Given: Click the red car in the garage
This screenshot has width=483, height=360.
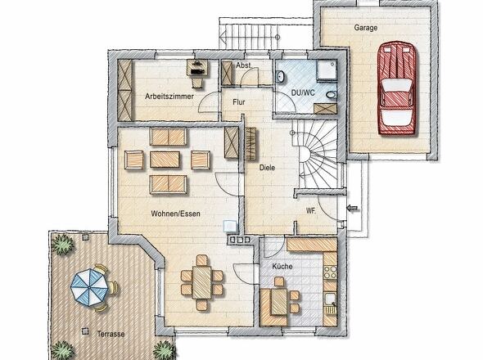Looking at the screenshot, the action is tap(397, 88).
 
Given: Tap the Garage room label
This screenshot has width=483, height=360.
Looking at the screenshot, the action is tap(366, 28).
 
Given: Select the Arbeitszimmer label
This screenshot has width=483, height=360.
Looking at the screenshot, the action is tap(169, 97).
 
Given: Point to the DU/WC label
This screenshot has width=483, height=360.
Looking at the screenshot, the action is tap(303, 92).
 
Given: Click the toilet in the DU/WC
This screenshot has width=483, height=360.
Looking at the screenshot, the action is tap(332, 95).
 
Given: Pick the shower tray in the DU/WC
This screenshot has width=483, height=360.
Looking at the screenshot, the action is tap(327, 70).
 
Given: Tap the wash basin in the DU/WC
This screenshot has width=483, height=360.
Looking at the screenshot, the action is tap(280, 77).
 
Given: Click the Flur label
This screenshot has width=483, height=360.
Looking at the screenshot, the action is tap(239, 102).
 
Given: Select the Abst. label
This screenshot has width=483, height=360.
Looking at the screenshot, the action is tap(244, 65).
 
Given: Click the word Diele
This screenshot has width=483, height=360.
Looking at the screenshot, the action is tap(267, 168).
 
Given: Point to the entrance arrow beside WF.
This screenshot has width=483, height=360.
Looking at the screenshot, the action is tap(353, 209).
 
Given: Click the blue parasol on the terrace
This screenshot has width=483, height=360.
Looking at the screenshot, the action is tap(89, 287).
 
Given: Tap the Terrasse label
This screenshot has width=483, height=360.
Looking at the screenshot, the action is tap(111, 334).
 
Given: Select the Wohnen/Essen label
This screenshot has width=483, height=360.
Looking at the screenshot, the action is tap(175, 214).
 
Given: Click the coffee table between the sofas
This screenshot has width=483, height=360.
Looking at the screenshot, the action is tap(165, 160).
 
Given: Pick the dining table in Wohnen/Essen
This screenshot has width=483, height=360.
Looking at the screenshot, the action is tap(201, 282).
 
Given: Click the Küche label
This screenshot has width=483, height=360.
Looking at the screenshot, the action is tap(282, 267).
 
